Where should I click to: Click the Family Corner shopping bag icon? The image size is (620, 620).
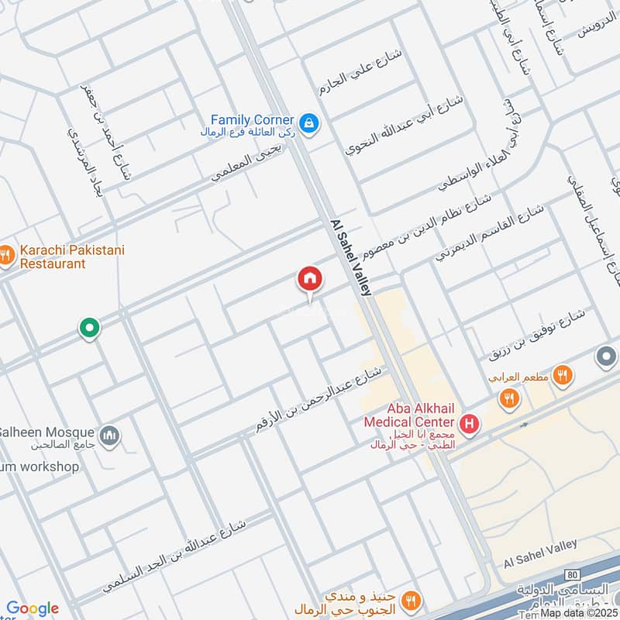click(309, 123)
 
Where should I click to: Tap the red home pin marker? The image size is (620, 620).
click(310, 280)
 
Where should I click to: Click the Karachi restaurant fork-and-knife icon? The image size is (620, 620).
click(5, 254)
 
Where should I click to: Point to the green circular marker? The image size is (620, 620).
click(90, 329)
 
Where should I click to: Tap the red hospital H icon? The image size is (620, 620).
click(468, 423)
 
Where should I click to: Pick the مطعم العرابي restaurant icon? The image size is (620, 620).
click(563, 376)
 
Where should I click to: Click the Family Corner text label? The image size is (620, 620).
click(253, 120)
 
